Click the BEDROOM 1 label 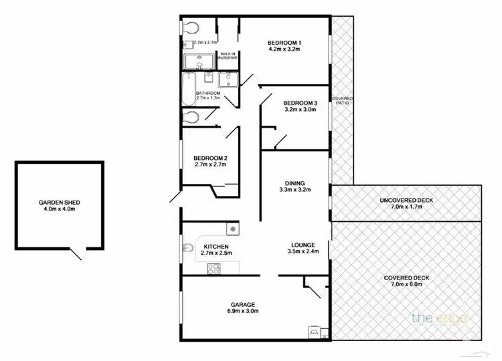[x=285, y=41]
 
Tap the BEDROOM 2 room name [x=211, y=158]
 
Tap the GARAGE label [x=244, y=304]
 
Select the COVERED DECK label [x=406, y=277]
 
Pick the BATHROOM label [x=208, y=93]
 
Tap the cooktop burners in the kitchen [x=214, y=269]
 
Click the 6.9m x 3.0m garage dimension [x=244, y=311]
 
